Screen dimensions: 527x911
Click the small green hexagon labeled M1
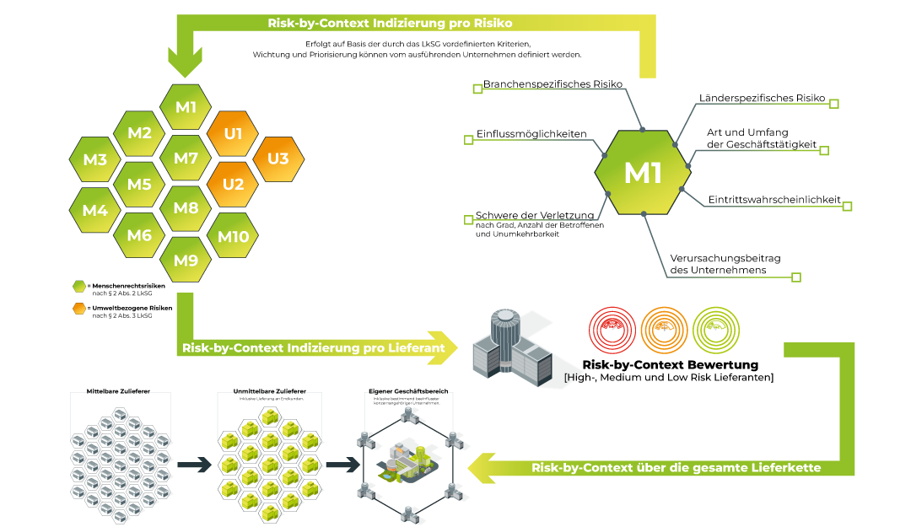click(186, 107)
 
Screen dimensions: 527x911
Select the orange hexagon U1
click(233, 133)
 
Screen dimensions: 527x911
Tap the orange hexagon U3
click(278, 159)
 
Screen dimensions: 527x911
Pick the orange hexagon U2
click(233, 185)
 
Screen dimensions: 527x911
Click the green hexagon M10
click(233, 236)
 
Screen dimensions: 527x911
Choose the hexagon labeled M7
click(186, 159)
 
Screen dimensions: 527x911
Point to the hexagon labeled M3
click(94, 159)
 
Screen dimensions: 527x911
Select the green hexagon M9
click(186, 261)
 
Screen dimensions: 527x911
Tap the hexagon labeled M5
click(139, 185)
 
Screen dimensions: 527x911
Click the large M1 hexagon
click(643, 173)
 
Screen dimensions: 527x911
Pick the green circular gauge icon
click(716, 330)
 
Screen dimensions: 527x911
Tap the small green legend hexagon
click(79, 287)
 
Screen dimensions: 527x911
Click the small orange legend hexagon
click(79, 309)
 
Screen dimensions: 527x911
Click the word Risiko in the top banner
click(491, 24)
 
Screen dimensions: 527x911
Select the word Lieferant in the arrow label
click(415, 347)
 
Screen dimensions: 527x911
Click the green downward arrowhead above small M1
click(186, 63)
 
